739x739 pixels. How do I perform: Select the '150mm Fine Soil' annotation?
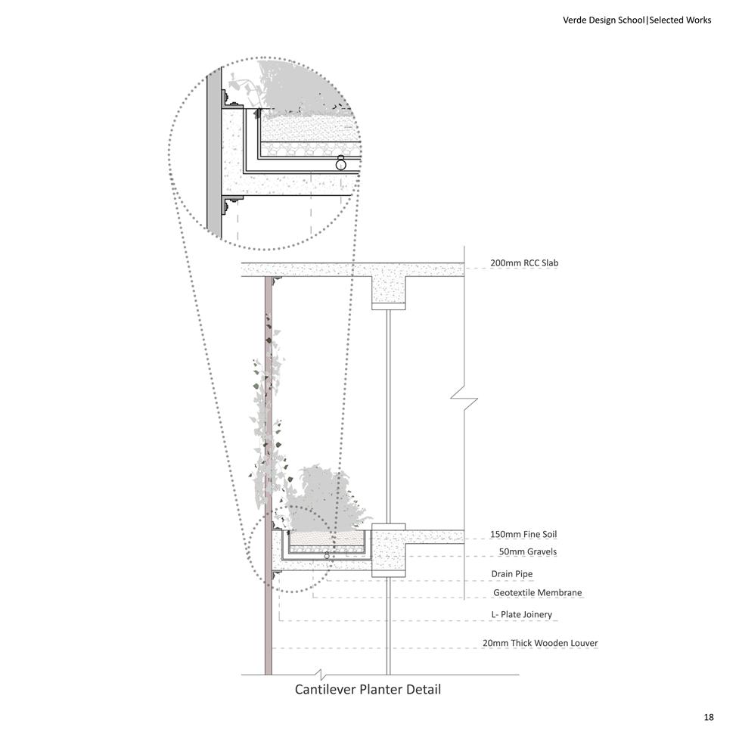coord(523,535)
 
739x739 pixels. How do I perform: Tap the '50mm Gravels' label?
coord(527,551)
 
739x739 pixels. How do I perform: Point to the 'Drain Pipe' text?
coord(512,574)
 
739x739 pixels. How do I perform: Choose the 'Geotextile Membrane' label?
coord(537,592)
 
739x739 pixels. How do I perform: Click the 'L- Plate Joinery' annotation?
coord(521,614)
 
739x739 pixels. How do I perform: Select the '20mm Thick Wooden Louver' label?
coord(540,643)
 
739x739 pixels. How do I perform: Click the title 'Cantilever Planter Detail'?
coord(367,689)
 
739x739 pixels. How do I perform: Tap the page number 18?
coord(707,716)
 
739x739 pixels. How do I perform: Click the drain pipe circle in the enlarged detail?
coord(341,162)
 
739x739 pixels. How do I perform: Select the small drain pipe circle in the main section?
coord(327,556)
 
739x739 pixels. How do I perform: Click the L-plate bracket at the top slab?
coord(276,281)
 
